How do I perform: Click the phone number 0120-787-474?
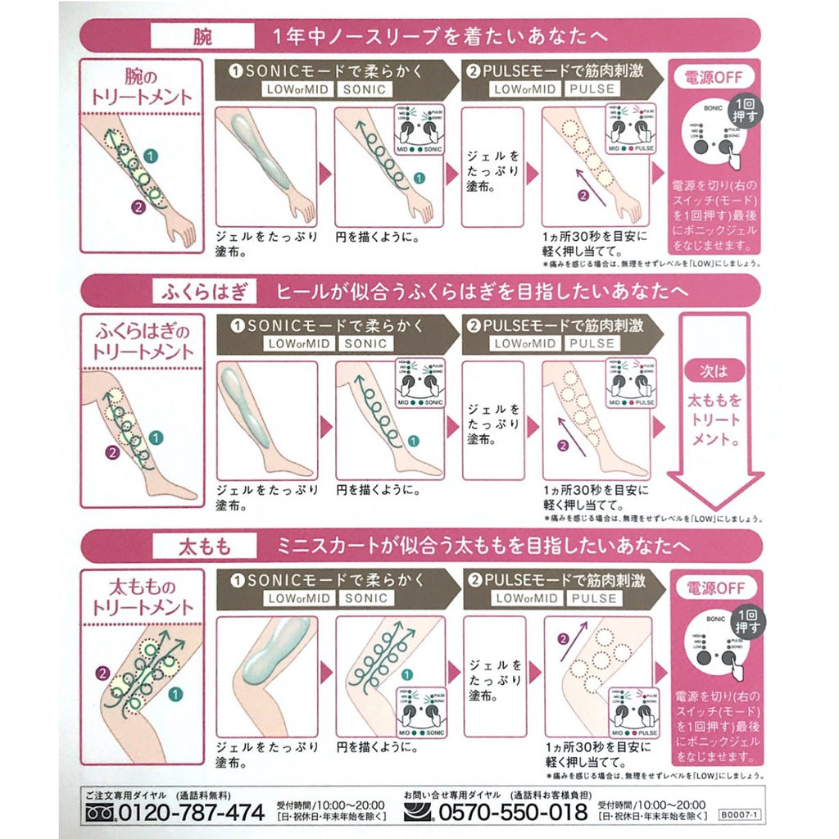click(193, 812)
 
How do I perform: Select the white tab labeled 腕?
click(201, 37)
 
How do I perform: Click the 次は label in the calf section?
click(711, 370)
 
